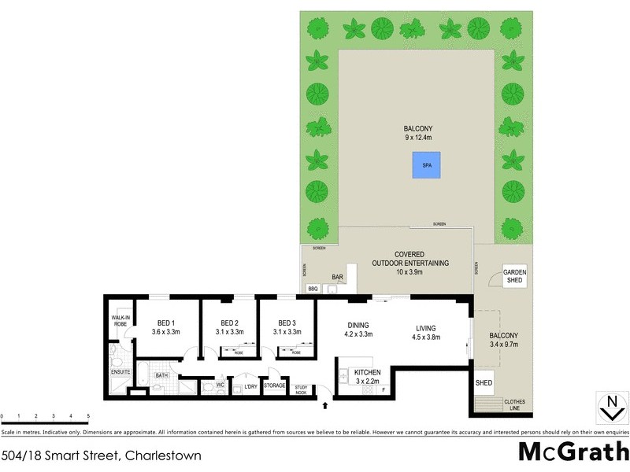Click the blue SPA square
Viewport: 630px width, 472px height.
click(426, 166)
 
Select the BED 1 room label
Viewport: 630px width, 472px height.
click(166, 327)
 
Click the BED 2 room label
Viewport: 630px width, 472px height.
click(229, 327)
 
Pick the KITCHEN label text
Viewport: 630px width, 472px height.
click(367, 372)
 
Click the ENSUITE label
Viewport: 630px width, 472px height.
click(120, 371)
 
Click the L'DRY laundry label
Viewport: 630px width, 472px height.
click(251, 385)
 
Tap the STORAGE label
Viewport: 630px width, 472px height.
click(275, 385)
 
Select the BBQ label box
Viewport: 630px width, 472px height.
click(312, 289)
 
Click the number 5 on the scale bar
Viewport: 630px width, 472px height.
click(88, 415)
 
